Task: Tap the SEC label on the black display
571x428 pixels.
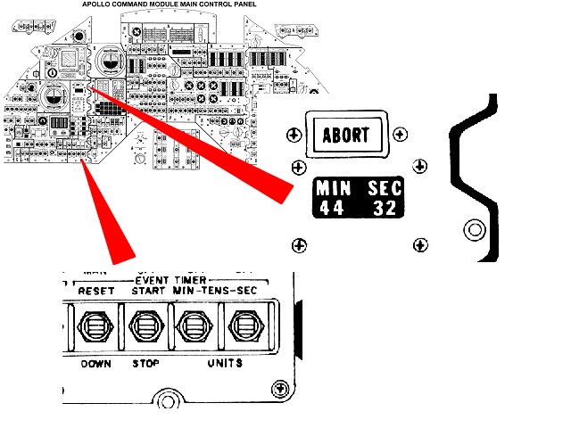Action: [x=385, y=189]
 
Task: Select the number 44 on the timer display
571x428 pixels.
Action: [x=330, y=209]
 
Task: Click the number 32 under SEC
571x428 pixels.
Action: [x=385, y=209]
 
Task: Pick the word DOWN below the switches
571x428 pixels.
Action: [x=95, y=364]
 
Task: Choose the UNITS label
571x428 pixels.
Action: [x=224, y=364]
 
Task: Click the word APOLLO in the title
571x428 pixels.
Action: [x=101, y=4]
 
